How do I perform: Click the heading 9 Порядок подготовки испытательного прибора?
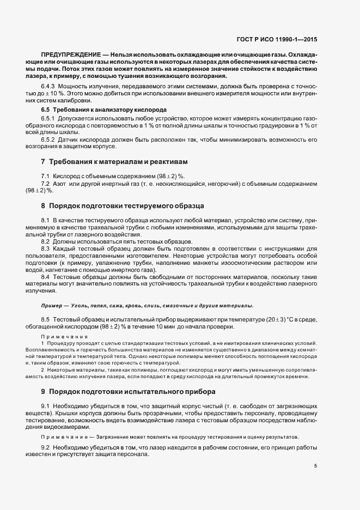point(124,391)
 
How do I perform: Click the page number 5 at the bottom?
point(316,465)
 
